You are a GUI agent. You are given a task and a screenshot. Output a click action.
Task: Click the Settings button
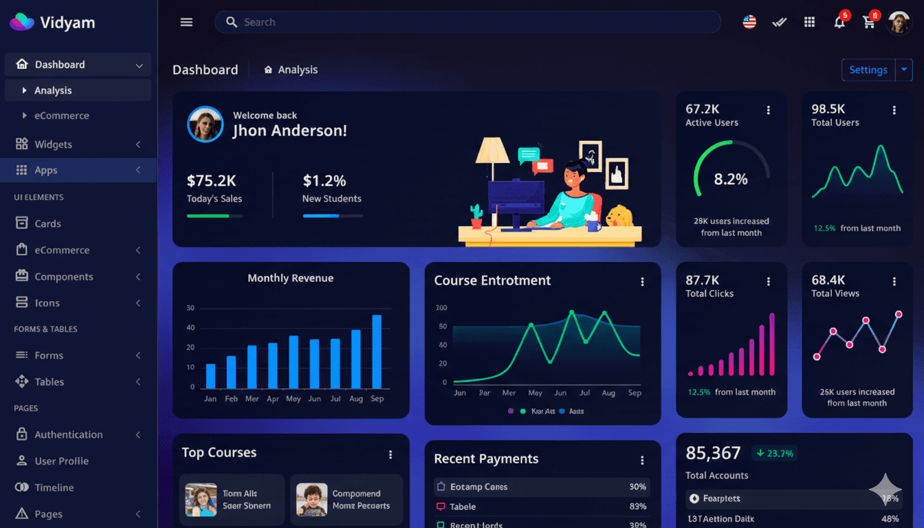[868, 70]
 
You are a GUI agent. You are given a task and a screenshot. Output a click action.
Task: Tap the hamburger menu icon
[186, 22]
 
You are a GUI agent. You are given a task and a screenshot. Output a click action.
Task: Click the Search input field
[467, 22]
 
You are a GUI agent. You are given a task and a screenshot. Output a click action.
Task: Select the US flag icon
[749, 22]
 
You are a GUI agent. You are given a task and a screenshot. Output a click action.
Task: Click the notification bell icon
[839, 23]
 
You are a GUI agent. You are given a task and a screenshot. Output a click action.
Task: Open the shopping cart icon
[869, 23]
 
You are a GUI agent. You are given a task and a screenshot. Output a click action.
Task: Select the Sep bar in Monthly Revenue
[377, 351]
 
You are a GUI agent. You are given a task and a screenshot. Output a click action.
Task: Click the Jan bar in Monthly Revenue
[210, 376]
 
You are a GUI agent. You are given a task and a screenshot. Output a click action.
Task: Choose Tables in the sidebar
[49, 382]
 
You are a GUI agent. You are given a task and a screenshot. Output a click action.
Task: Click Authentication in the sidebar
[69, 434]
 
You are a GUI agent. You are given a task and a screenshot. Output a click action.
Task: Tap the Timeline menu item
[54, 487]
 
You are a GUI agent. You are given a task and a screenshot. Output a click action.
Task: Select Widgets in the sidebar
[54, 144]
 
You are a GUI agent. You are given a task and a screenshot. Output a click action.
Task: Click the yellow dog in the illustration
[619, 216]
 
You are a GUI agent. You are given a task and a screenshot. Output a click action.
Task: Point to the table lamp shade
[492, 149]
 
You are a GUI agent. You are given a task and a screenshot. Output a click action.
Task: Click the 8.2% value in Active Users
[731, 179]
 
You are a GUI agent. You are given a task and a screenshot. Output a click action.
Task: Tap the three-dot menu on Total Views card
[894, 281]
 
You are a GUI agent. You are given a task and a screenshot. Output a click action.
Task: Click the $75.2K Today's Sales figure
[211, 181]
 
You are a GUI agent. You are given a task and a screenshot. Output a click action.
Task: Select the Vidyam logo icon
[21, 22]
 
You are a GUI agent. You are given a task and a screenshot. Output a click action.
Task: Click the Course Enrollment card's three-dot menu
[642, 282]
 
